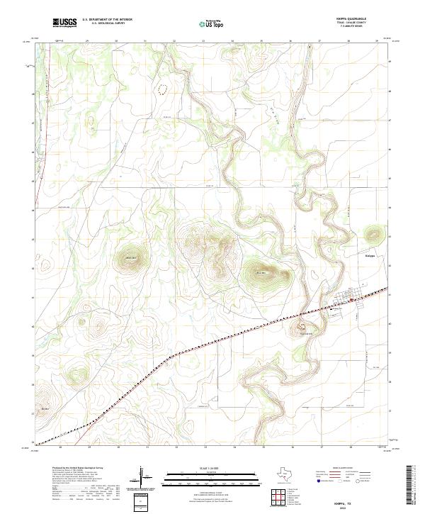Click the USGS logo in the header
coord(65,23)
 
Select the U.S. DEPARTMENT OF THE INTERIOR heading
coord(107,19)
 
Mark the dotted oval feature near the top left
coord(164,89)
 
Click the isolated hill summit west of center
coord(131,258)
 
